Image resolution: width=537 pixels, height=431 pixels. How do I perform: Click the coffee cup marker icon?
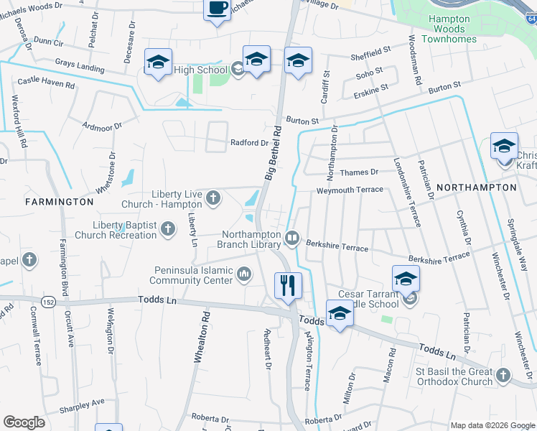tap(218, 9)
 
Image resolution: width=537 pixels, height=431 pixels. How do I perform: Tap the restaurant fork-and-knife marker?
tap(288, 285)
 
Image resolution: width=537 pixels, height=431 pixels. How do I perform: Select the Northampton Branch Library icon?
tap(292, 238)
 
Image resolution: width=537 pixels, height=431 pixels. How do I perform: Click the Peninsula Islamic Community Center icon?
tap(245, 274)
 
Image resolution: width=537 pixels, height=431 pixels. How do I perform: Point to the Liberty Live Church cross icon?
tap(213, 198)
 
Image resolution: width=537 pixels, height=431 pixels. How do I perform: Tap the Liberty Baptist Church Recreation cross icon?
tap(168, 229)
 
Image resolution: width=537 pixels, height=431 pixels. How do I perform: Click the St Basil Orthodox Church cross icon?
tap(503, 375)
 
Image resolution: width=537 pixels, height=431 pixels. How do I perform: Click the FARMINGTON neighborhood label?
tap(60, 203)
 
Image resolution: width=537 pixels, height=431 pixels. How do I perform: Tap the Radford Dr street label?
tap(249, 143)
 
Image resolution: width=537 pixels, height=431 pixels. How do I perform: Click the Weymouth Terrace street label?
tap(350, 190)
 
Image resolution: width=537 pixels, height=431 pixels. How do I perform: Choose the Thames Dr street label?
tap(359, 172)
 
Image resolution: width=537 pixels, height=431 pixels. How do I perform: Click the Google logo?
tap(24, 422)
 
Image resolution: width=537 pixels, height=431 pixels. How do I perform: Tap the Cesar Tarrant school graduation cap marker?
tap(406, 279)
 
